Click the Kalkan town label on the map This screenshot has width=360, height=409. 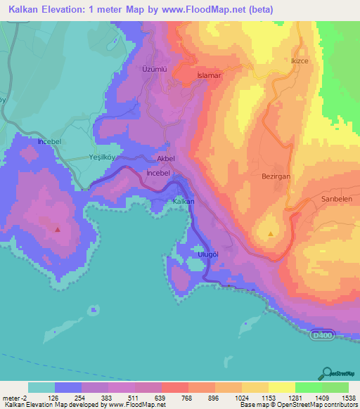coord(183,202)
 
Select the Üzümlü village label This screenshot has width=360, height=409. coord(154,70)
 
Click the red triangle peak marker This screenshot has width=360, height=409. coord(58,228)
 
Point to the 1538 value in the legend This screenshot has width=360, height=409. coord(348,398)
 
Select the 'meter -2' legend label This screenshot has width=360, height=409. coord(15,398)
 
